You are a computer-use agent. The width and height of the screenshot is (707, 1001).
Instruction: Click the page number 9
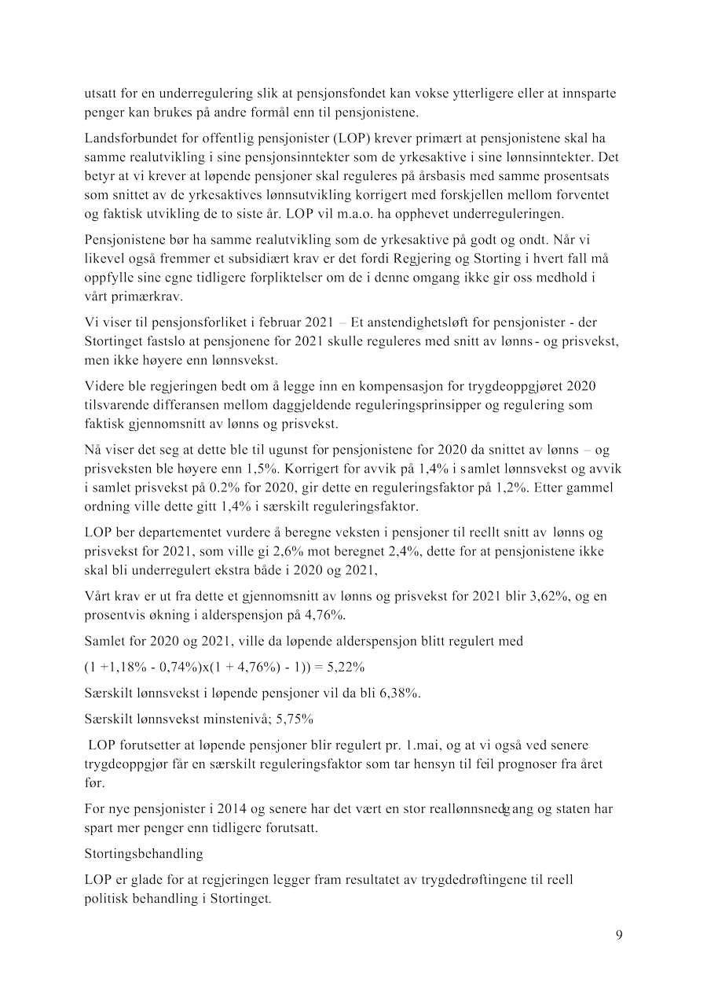(619, 935)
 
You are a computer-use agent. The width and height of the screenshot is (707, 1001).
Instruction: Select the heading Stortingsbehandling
(144, 853)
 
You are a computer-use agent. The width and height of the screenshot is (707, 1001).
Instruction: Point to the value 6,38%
(399, 694)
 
